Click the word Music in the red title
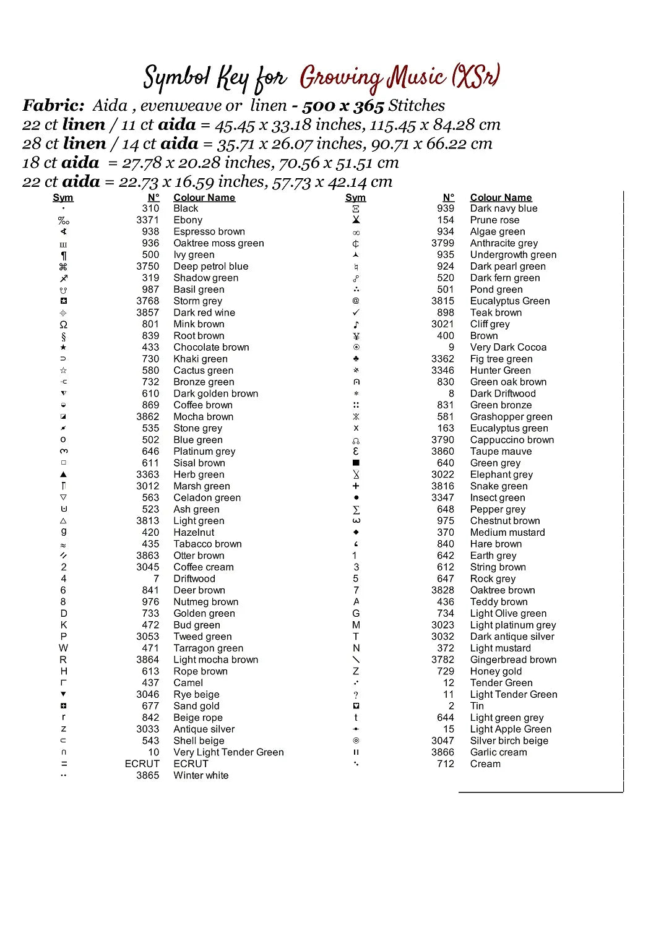coord(416,77)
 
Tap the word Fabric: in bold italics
coord(53,106)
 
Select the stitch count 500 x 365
coord(343,106)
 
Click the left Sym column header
coord(63,197)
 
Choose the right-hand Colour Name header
coord(501,197)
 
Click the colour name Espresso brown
coord(209,231)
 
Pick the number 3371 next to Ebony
coord(148,220)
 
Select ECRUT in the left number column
coord(142,763)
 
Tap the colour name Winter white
coord(201,775)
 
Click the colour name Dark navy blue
coord(504,208)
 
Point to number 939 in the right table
coord(446,208)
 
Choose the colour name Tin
coord(477,706)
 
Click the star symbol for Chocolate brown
coord(63,347)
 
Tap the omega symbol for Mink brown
coord(63,324)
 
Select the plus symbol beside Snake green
coord(356,486)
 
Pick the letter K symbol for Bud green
coord(63,625)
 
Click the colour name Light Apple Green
coord(511,729)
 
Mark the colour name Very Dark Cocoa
coord(508,347)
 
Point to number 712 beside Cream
coord(446,763)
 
